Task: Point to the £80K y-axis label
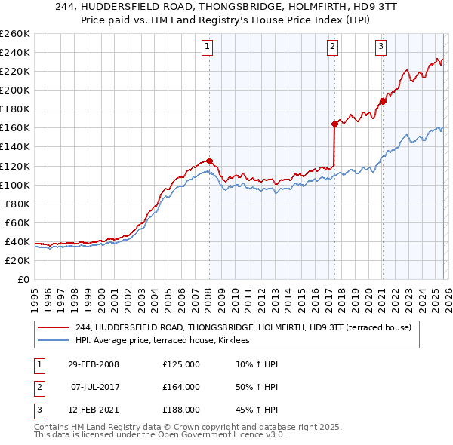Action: tap(17, 204)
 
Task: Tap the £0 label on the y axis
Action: tap(24, 279)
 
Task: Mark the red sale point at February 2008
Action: tap(209, 161)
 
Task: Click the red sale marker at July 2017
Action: tap(334, 124)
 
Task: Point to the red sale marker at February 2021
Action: tap(383, 101)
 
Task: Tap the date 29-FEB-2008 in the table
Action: tap(94, 364)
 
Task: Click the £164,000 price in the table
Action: tap(181, 387)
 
